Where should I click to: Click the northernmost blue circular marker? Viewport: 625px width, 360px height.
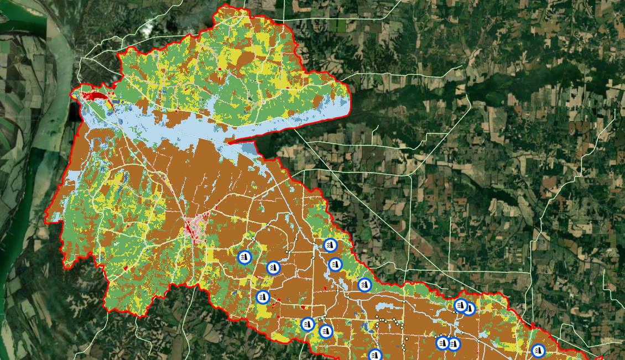[330, 245]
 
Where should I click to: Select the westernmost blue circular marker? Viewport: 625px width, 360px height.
[244, 257]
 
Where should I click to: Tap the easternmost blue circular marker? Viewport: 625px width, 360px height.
[538, 351]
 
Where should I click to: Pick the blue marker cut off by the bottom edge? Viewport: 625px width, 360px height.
[375, 355]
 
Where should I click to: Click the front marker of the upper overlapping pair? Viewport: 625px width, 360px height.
[460, 305]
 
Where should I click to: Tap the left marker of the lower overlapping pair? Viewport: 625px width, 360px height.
[442, 343]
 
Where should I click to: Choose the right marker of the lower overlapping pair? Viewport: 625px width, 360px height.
[454, 344]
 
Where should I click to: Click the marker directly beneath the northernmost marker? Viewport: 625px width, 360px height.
[334, 265]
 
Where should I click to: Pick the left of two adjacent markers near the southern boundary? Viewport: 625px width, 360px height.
[308, 324]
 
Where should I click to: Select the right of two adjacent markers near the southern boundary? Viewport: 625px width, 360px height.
[326, 331]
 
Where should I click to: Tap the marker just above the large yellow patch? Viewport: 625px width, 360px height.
[263, 297]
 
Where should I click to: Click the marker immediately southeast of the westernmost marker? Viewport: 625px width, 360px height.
[273, 268]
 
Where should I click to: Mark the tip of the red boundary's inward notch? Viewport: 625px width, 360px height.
[228, 142]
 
